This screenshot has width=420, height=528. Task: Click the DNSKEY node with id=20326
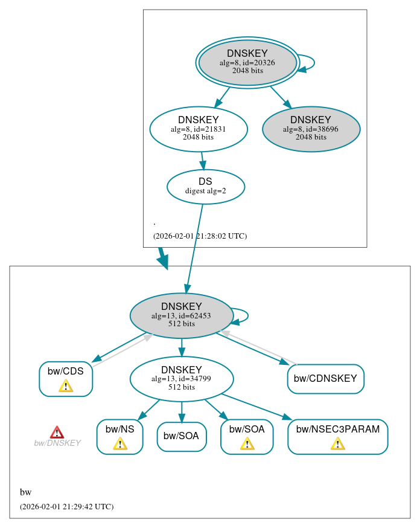click(x=247, y=62)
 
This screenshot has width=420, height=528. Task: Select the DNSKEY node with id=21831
click(x=199, y=129)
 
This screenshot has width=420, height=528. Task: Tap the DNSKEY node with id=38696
click(x=311, y=129)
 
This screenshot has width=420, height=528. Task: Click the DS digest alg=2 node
click(x=205, y=186)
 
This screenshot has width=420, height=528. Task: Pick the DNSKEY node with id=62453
click(x=181, y=315)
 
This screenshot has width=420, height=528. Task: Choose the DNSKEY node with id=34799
click(x=181, y=379)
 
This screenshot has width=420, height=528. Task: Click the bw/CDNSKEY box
click(x=325, y=379)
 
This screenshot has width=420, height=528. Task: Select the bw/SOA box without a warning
click(x=182, y=436)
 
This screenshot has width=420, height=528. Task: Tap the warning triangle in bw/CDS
click(x=66, y=386)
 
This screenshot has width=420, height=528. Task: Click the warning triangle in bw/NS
click(x=119, y=444)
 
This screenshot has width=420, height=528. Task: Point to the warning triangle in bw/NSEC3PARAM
click(x=337, y=444)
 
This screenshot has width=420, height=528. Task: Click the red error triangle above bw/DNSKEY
click(x=57, y=432)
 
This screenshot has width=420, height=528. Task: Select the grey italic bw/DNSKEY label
click(x=57, y=443)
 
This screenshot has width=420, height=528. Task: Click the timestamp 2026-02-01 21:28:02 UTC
click(x=200, y=236)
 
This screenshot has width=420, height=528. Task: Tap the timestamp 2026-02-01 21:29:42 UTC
click(x=66, y=507)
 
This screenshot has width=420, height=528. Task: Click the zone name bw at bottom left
click(x=25, y=492)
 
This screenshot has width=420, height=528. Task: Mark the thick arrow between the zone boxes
click(x=162, y=258)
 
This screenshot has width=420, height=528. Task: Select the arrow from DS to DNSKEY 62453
click(x=194, y=248)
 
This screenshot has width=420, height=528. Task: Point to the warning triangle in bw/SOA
click(x=247, y=444)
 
